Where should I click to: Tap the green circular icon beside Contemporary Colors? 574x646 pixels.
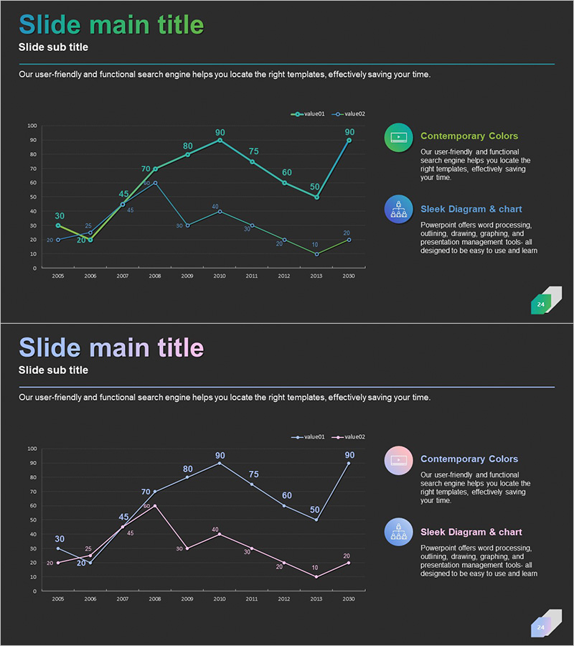point(398,137)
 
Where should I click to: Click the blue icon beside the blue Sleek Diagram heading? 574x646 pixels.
point(398,209)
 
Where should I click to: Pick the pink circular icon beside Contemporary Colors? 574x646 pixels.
point(398,460)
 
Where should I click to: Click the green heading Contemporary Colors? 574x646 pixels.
point(469,136)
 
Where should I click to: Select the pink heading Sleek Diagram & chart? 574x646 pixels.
point(471,532)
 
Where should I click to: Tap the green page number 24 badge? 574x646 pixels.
point(541,304)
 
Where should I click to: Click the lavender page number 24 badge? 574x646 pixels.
point(541,627)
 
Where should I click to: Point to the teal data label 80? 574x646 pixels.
point(188,146)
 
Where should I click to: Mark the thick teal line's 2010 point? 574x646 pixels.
point(220,140)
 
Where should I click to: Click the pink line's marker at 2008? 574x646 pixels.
point(155,505)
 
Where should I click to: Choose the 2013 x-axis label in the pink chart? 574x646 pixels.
point(316,599)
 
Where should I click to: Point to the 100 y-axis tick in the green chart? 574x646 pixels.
point(32,126)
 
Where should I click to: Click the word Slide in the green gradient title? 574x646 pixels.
point(50,25)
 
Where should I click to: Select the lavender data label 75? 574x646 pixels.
point(253,474)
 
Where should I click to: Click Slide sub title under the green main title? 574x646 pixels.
point(54,47)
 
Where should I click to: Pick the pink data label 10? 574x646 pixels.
point(315,568)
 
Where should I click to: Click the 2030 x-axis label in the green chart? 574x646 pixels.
point(349,276)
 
